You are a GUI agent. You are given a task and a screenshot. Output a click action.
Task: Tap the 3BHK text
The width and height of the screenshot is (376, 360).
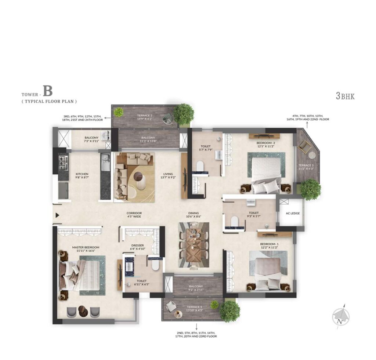tap(345, 97)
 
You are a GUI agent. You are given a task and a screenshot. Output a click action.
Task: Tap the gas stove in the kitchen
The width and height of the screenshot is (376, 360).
tap(63, 161)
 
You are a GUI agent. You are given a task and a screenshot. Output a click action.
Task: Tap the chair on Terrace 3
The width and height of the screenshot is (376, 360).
tap(304, 147)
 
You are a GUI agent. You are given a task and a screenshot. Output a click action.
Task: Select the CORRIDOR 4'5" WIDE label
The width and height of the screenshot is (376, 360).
tap(134, 215)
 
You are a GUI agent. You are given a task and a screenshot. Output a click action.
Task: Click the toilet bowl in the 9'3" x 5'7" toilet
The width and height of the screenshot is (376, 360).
tap(234, 222)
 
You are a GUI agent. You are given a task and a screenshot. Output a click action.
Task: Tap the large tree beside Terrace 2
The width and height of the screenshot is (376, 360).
tap(183, 113)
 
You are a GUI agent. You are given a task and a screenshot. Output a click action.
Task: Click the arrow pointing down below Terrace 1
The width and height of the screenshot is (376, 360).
tap(196, 327)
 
